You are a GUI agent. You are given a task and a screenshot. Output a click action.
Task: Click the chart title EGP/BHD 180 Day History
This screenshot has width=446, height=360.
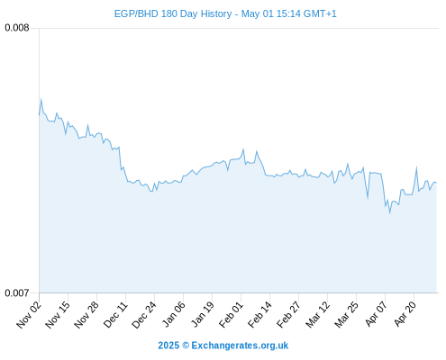pyautogui.click(x=173, y=13)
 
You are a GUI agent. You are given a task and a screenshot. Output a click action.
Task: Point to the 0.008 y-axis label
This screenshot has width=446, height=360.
pyautogui.click(x=17, y=28)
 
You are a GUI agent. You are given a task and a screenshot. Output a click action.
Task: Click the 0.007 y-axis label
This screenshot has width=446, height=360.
pyautogui.click(x=17, y=292)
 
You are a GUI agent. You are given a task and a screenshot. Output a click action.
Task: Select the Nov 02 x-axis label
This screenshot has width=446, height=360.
pyautogui.click(x=29, y=314)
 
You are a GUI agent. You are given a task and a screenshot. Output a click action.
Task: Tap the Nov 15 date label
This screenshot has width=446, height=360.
pyautogui.click(x=58, y=314)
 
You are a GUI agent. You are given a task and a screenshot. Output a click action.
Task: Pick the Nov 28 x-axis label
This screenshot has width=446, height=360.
pyautogui.click(x=86, y=314)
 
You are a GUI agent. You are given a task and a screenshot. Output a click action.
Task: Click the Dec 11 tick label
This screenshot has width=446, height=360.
pyautogui.click(x=115, y=314)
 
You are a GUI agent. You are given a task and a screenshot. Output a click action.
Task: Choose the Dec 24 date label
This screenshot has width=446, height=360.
pyautogui.click(x=144, y=314)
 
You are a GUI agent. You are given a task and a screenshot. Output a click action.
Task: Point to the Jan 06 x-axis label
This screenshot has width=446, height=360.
pyautogui.click(x=173, y=314)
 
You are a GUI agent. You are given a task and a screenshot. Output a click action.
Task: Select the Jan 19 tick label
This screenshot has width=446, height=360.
pyautogui.click(x=203, y=314)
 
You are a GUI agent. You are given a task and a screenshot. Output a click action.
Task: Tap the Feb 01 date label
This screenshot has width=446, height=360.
pyautogui.click(x=231, y=314)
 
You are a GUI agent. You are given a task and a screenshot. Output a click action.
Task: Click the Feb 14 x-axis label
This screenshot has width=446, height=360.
pyautogui.click(x=259, y=314)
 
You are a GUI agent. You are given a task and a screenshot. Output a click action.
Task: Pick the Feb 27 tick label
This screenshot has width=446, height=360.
pyautogui.click(x=288, y=314)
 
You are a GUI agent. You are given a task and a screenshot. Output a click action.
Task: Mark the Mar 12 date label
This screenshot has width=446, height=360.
pyautogui.click(x=317, y=314)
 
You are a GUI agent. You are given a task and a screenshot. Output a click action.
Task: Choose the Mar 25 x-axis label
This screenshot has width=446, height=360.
pyautogui.click(x=346, y=314)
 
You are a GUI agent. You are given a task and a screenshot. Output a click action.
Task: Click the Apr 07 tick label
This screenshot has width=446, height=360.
pyautogui.click(x=376, y=314)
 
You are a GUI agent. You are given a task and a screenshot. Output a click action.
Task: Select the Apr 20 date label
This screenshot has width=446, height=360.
pyautogui.click(x=405, y=314)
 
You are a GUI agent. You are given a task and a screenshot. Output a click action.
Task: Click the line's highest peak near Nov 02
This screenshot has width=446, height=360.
pyautogui.click(x=41, y=99)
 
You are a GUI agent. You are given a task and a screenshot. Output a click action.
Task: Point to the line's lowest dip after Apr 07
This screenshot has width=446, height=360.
pyautogui.click(x=390, y=212)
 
